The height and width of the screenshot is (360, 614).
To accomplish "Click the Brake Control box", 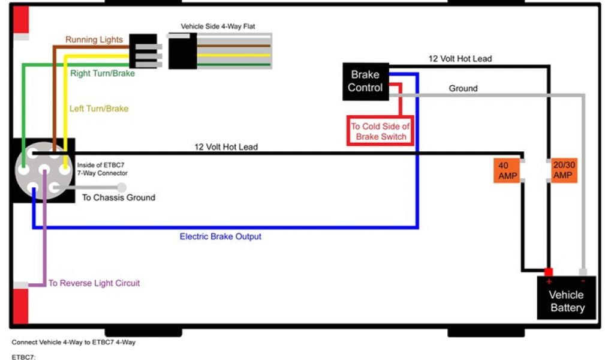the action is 365,81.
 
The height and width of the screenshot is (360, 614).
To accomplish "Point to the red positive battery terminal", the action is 548,272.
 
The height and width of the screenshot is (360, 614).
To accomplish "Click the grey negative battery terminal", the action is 583,272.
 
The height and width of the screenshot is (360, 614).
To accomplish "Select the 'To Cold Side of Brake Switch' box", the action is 380,131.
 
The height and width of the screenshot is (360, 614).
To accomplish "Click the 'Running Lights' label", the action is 94,40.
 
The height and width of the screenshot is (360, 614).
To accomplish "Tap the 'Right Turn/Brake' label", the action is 103,73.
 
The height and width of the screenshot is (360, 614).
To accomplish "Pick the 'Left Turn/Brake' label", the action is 99,109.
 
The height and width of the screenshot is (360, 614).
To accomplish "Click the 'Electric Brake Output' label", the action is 221,236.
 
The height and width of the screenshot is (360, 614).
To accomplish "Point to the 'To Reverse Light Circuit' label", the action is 94,283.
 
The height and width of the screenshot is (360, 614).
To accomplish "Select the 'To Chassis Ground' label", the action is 119,197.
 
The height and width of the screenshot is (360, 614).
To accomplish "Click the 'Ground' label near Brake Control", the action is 463,88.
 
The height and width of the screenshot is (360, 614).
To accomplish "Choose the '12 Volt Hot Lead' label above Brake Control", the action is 460,59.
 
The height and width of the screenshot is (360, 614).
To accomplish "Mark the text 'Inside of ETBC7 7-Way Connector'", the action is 103,169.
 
